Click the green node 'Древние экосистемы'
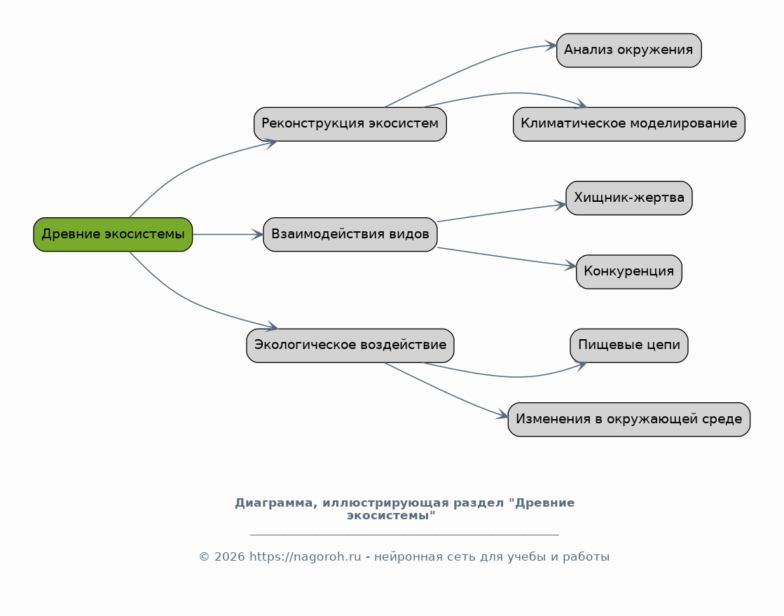(x=113, y=234)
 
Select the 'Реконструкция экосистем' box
(x=350, y=124)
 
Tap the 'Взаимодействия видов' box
(x=350, y=234)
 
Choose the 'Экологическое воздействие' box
(x=350, y=345)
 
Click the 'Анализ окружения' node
(x=629, y=50)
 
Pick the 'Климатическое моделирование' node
(x=629, y=124)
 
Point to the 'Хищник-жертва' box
(x=629, y=198)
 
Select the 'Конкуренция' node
(x=629, y=271)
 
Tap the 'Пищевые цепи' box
(x=629, y=345)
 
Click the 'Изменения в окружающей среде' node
(x=629, y=420)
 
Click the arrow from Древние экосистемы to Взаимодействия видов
(x=228, y=234)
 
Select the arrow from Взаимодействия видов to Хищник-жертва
(x=502, y=212)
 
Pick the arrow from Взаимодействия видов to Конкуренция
(x=507, y=257)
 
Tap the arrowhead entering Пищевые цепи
(x=581, y=366)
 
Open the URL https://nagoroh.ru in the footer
(x=305, y=556)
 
